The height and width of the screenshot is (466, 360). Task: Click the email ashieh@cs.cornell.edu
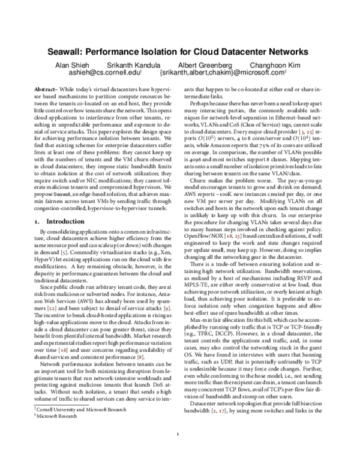[102, 72]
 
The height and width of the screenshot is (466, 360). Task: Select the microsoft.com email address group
[224, 72]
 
